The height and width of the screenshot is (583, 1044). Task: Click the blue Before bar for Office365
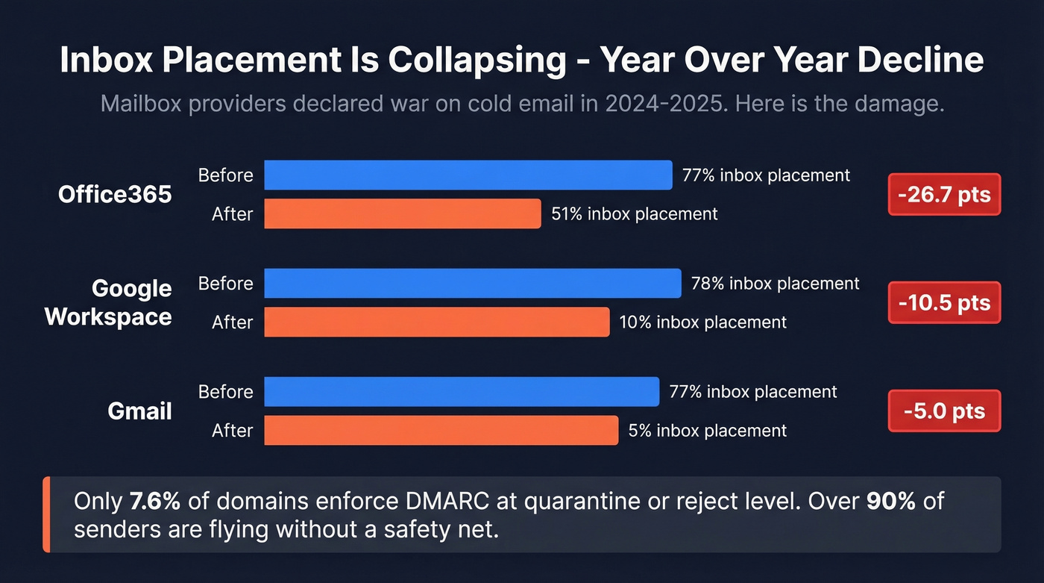point(468,175)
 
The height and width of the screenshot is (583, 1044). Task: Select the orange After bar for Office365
point(403,213)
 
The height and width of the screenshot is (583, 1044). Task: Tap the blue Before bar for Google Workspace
point(473,284)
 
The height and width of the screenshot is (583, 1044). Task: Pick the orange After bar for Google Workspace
point(437,322)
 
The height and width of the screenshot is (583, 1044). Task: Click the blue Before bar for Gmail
point(462,392)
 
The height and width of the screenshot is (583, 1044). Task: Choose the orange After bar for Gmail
point(441,430)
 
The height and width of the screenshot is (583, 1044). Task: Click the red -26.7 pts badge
point(944,195)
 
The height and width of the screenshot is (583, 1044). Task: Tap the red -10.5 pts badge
point(944,302)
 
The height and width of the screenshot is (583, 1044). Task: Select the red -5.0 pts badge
point(944,411)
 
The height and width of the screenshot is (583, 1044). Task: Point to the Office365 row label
point(115,195)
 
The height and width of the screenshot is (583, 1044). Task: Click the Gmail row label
point(139,411)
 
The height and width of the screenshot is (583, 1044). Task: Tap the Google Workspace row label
point(108,302)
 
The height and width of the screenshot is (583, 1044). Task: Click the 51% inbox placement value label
point(634,214)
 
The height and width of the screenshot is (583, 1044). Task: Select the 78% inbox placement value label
point(775,284)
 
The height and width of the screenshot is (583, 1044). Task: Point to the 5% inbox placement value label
point(707,431)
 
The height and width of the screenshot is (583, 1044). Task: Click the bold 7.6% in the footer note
point(154,501)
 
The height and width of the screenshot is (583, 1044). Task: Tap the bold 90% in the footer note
point(890,501)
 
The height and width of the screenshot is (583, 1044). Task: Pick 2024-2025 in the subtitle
point(664,103)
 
